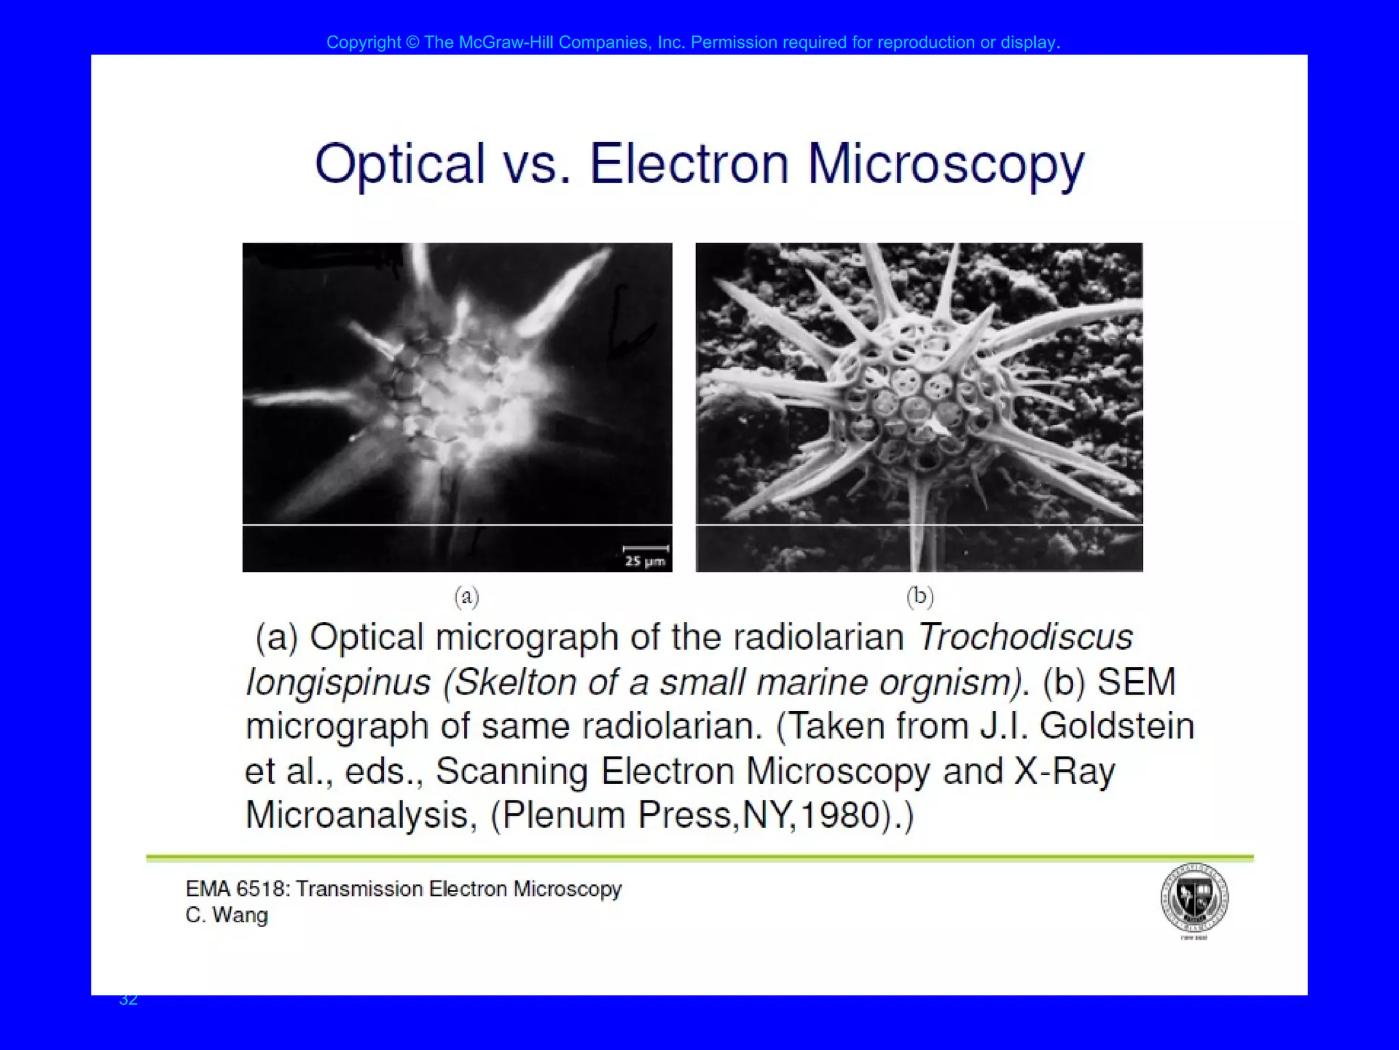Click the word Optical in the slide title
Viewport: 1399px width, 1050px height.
pyautogui.click(x=399, y=165)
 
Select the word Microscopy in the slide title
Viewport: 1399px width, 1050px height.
pyautogui.click(x=945, y=165)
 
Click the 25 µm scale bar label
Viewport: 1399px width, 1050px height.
pyautogui.click(x=645, y=561)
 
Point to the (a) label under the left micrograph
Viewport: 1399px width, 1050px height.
pyautogui.click(x=467, y=597)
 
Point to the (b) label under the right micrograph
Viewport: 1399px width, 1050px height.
pyautogui.click(x=919, y=597)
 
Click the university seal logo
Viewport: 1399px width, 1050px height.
pyautogui.click(x=1194, y=898)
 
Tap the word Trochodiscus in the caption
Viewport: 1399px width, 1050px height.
pyautogui.click(x=1025, y=637)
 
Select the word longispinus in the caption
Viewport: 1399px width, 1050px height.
pyautogui.click(x=338, y=682)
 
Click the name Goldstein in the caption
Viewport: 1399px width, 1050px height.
pyautogui.click(x=1117, y=726)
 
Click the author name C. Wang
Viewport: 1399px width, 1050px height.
pyautogui.click(x=227, y=915)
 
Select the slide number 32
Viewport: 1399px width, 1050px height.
pyautogui.click(x=128, y=999)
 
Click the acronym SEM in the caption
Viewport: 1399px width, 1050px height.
pyautogui.click(x=1136, y=682)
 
